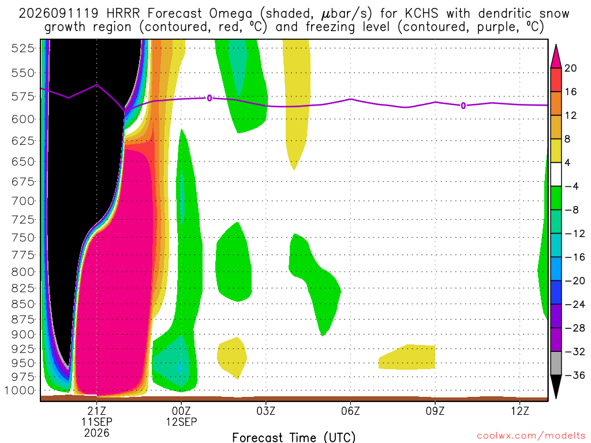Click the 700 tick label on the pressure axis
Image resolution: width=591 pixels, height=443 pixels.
[x=23, y=201]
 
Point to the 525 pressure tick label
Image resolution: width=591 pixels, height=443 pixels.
[x=23, y=48]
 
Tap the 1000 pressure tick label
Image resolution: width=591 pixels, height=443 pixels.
[x=20, y=391]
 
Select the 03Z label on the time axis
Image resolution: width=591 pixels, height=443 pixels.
[x=265, y=411]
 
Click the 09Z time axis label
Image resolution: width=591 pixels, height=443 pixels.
[x=435, y=411]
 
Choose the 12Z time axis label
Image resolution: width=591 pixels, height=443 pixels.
[x=520, y=411]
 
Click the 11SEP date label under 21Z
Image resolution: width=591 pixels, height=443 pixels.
[x=97, y=422]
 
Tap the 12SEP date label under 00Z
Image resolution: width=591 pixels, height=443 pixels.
[x=182, y=422]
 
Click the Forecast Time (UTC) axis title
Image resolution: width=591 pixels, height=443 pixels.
[x=294, y=437]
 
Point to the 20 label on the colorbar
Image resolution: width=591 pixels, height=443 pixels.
[x=571, y=68]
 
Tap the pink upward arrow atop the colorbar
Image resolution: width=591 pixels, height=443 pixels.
[x=556, y=57]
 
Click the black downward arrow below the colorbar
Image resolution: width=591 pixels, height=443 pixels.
[x=556, y=386]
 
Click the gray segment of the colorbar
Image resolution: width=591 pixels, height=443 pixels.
[x=556, y=363]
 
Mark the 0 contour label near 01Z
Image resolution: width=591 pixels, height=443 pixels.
[x=210, y=98]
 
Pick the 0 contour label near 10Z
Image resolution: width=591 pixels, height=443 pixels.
[x=463, y=106]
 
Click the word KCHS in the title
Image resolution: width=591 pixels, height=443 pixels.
[x=422, y=14]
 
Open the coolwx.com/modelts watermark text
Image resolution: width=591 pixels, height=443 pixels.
[x=531, y=436]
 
